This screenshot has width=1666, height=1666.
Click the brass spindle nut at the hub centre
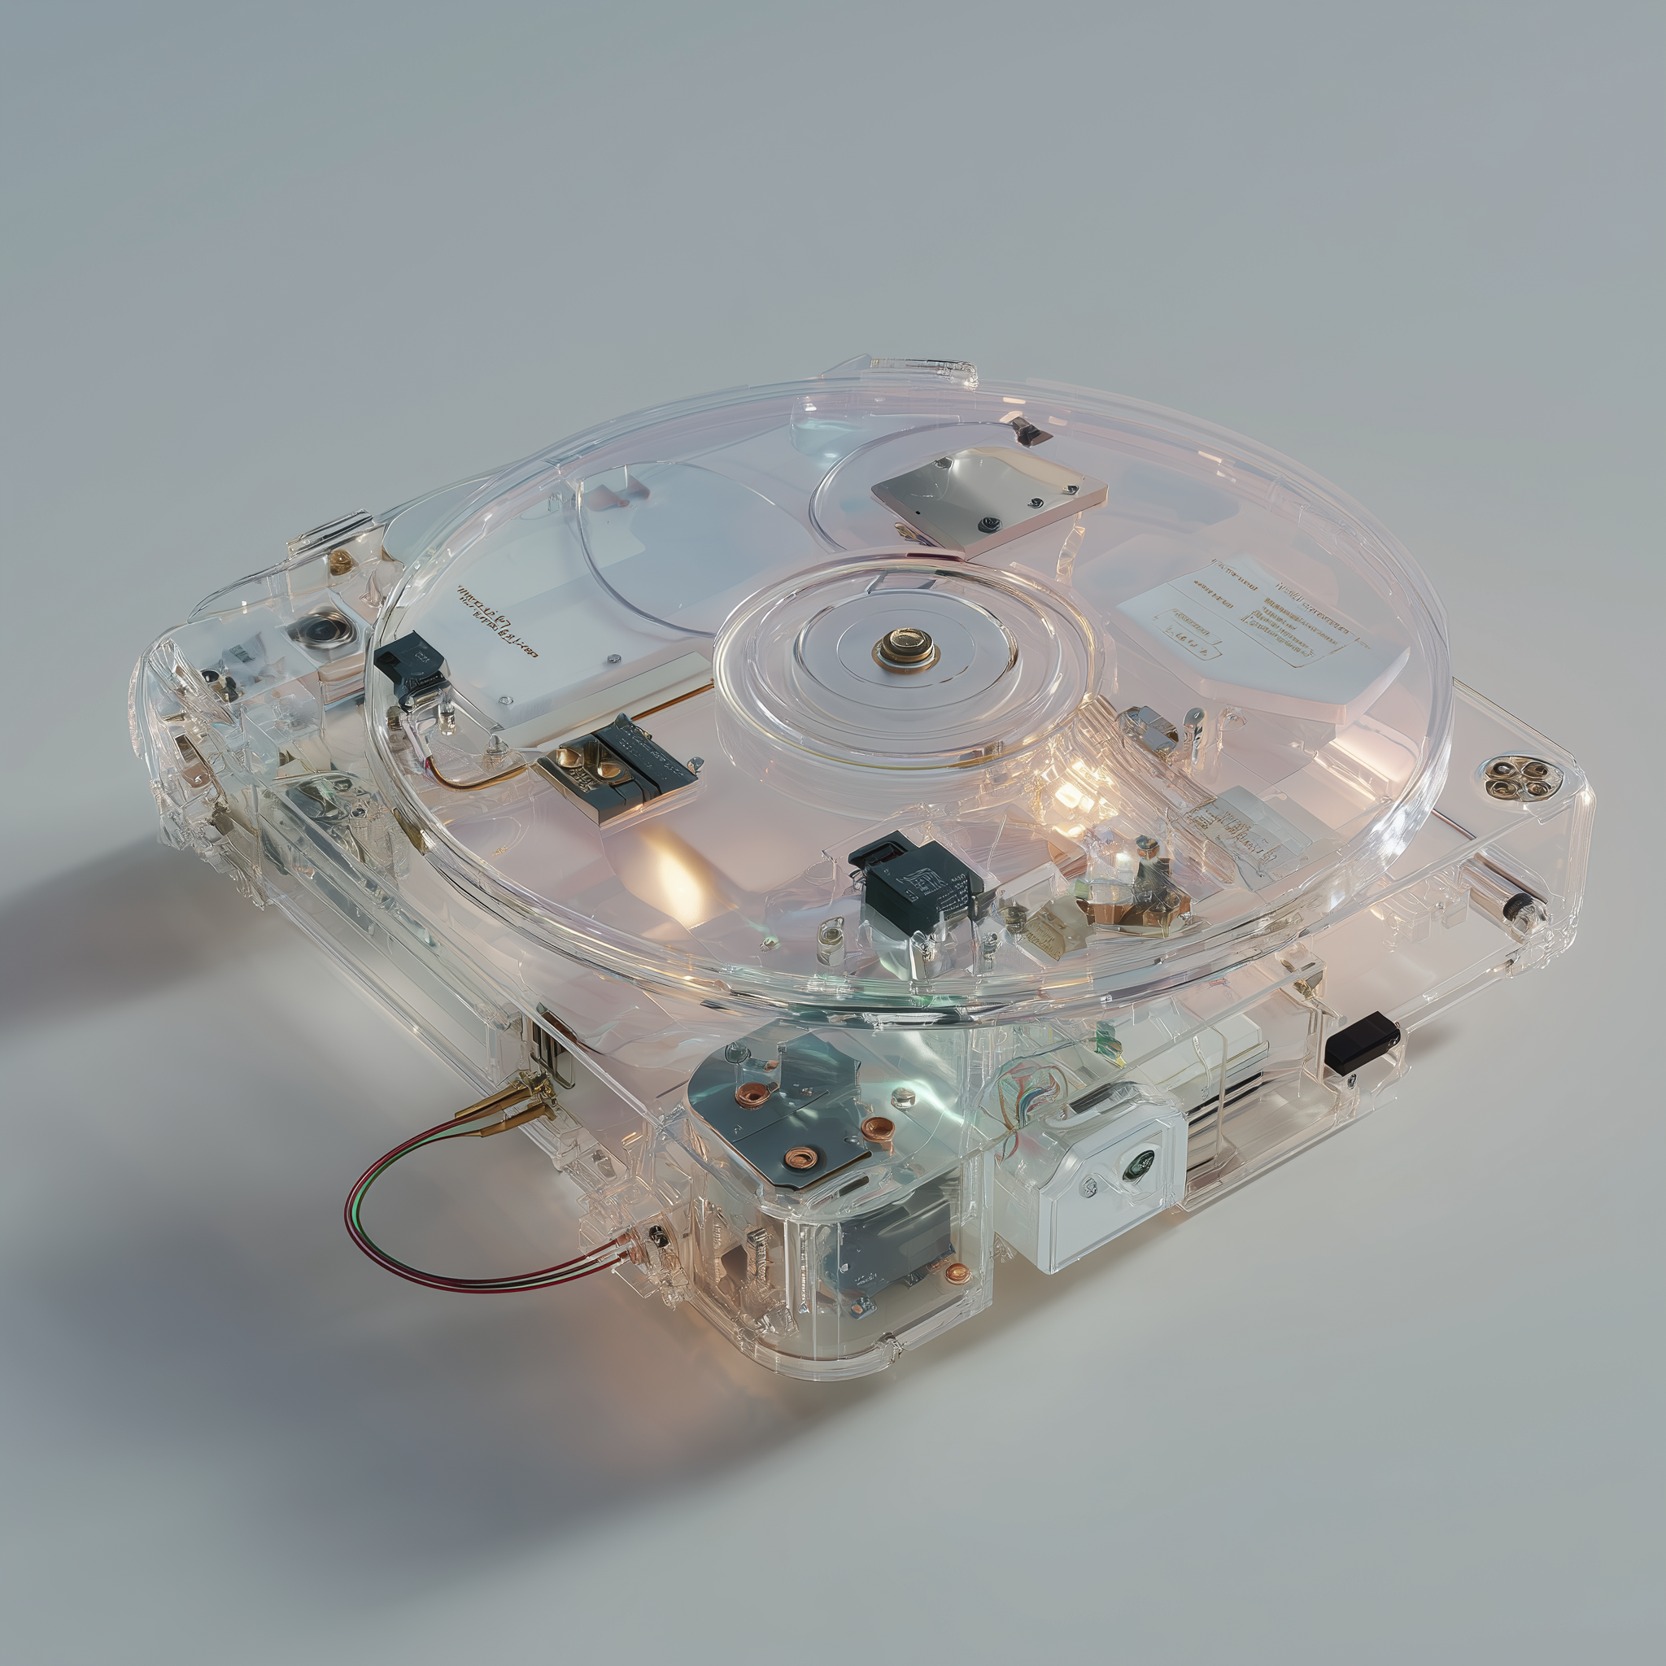905,646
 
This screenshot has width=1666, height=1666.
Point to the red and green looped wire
405,1207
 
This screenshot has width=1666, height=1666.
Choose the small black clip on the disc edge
411,664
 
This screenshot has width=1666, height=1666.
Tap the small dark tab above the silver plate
1031,429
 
